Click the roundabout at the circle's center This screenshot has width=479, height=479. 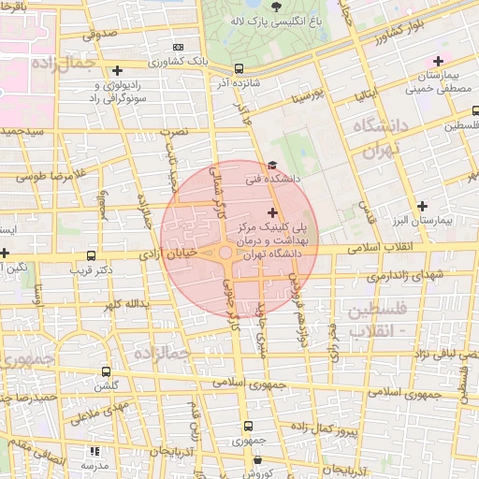(225, 253)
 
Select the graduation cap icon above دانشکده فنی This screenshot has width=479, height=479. (271, 165)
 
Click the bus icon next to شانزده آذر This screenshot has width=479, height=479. (239, 68)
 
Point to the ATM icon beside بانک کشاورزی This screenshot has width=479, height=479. (179, 47)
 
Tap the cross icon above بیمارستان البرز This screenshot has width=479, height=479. (422, 206)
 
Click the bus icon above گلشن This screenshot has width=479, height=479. (105, 370)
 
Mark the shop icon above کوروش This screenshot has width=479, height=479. (256, 458)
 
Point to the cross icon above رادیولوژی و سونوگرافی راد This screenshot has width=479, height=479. (117, 70)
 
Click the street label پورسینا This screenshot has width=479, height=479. (306, 95)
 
